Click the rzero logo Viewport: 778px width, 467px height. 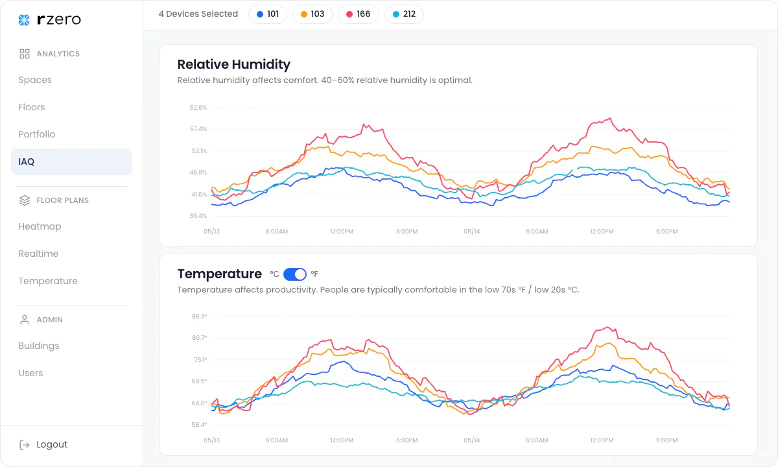50,20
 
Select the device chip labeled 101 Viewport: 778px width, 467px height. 267,14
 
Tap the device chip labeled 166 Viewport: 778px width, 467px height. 358,14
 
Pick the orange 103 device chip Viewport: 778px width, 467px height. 312,14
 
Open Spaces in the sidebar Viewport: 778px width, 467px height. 35,80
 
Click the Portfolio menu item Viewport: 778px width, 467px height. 37,134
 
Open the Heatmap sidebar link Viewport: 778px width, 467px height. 40,226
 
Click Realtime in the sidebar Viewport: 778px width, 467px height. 38,254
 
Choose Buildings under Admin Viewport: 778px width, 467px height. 39,346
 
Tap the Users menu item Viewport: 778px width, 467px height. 30,373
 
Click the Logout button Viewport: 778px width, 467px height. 44,444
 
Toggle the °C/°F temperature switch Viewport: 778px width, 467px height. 295,274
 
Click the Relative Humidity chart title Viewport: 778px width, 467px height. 233,64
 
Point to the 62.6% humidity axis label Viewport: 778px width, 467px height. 198,108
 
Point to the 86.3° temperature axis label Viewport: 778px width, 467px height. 198,317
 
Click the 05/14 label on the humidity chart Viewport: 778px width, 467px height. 471,232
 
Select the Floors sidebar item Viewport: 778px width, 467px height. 32,107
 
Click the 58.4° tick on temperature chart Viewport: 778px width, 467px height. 198,425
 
